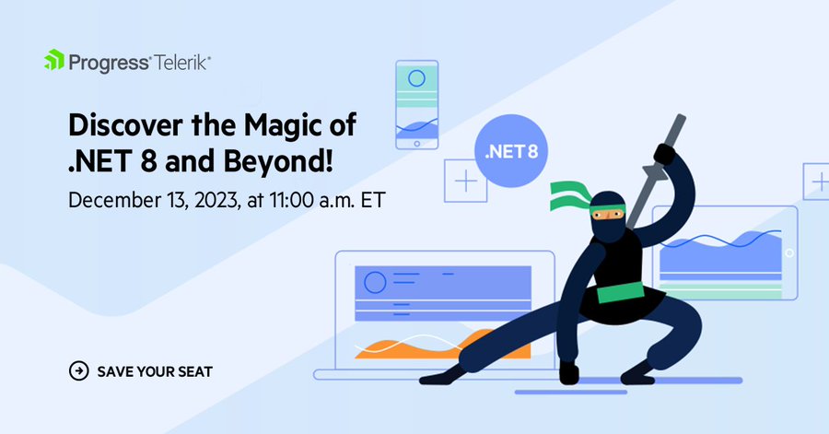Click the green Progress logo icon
click(x=54, y=60)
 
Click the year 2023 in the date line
click(x=216, y=200)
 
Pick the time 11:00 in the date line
click(x=291, y=200)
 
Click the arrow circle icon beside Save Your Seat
click(x=79, y=371)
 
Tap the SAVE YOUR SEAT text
click(x=155, y=371)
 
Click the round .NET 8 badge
click(x=510, y=151)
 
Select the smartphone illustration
click(x=417, y=105)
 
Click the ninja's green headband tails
click(x=569, y=195)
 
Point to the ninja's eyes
click(x=608, y=215)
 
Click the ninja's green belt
click(x=620, y=292)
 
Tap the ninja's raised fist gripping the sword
click(x=664, y=155)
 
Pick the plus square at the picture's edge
click(x=816, y=182)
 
